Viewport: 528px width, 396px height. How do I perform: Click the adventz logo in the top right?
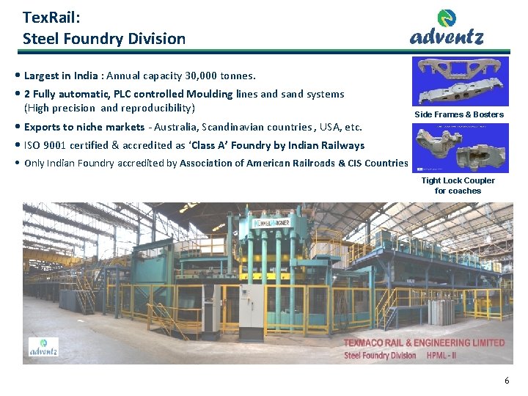point(447,28)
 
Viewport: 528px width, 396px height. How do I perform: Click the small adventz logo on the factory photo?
point(43,347)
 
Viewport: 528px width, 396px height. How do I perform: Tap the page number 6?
point(506,381)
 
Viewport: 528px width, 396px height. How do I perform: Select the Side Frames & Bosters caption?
point(459,114)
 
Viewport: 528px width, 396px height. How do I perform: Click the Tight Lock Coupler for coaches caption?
point(458,186)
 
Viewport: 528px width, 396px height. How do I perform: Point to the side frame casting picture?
point(460,81)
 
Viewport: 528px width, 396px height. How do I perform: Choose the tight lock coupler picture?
point(460,148)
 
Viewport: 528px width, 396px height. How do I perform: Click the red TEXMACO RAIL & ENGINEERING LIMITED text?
point(424,342)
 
